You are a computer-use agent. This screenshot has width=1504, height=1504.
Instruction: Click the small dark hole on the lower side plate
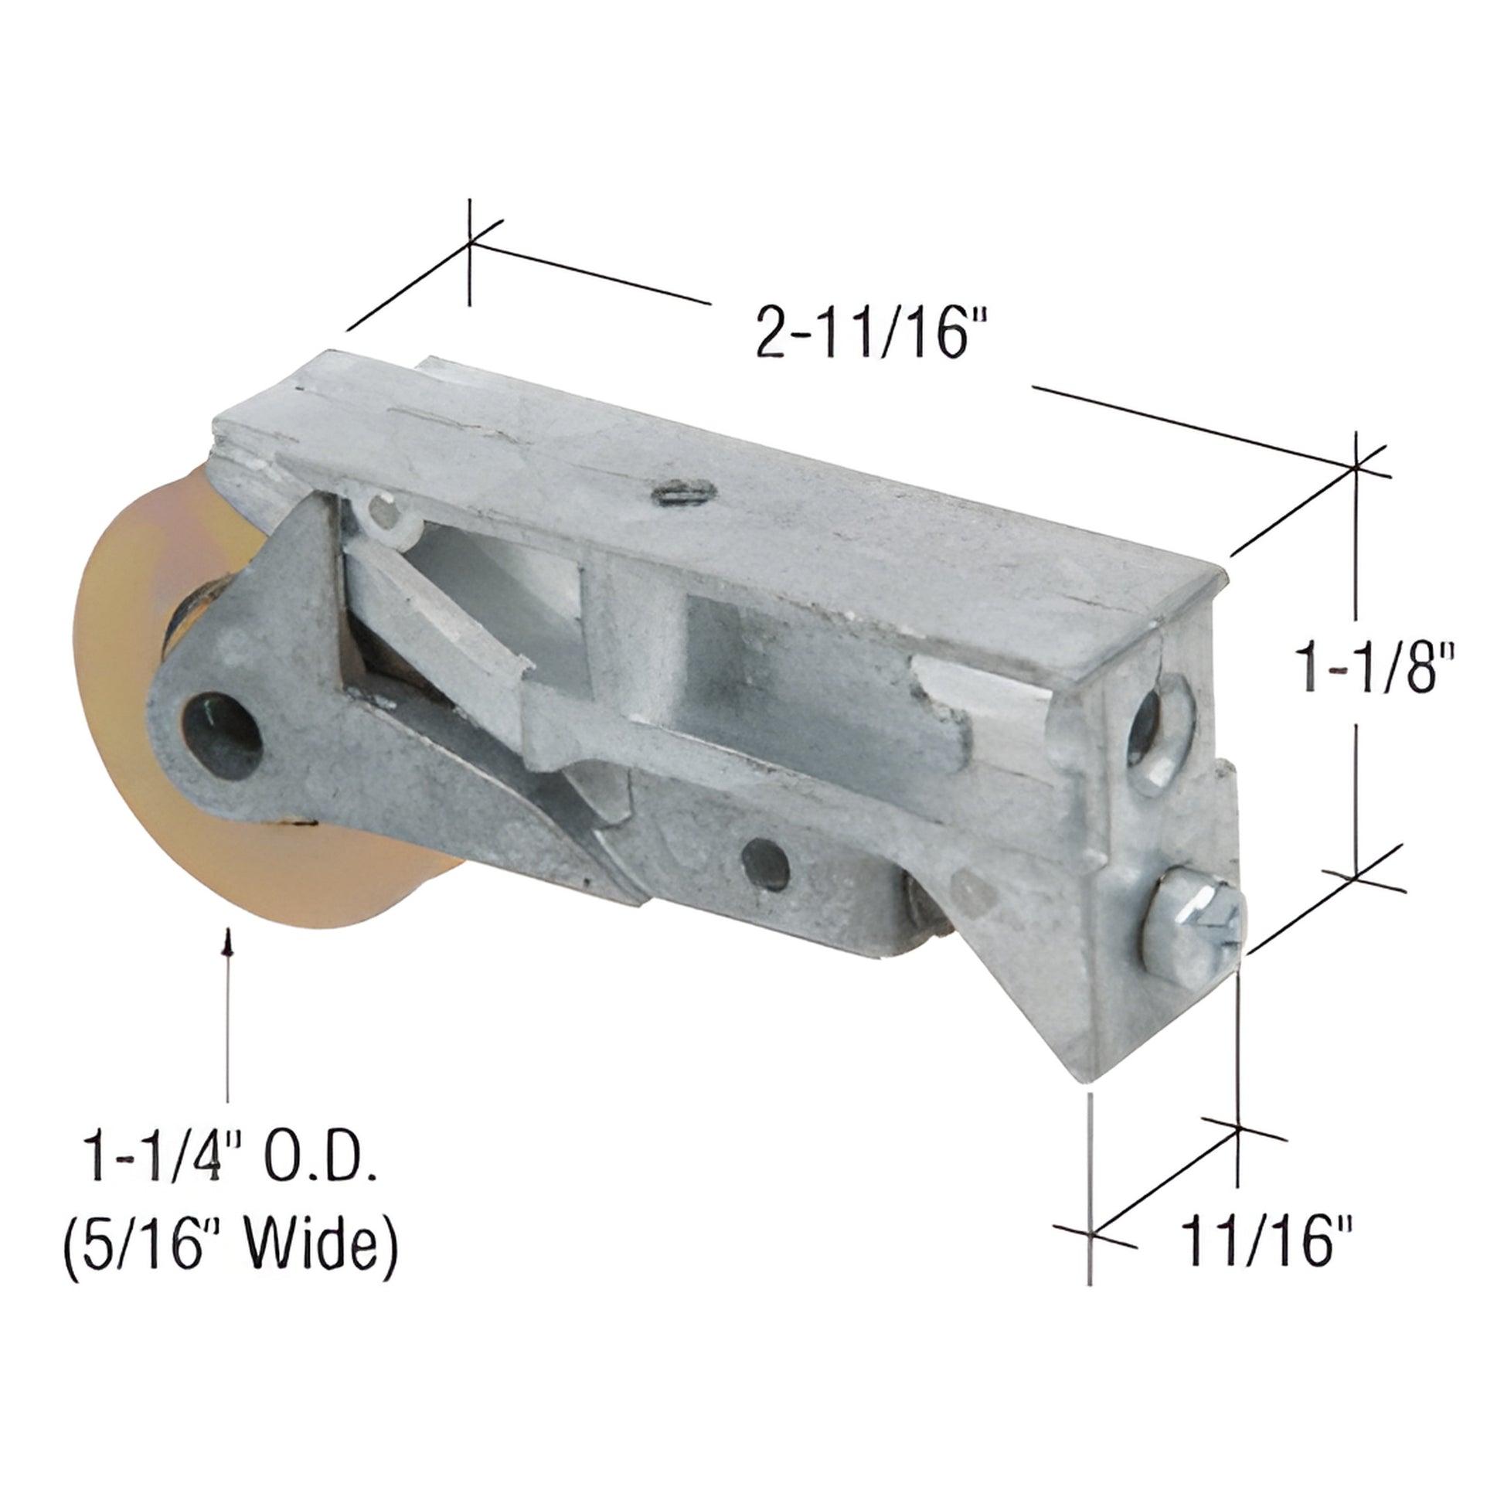[x=766, y=859]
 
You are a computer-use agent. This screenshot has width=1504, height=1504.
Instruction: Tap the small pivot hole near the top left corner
[x=383, y=512]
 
